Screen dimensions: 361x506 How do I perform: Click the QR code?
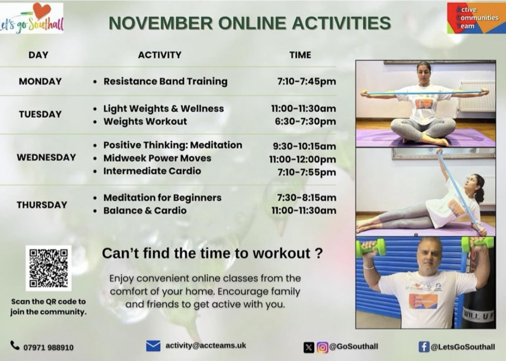point(48,268)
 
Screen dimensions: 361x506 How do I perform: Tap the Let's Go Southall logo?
point(32,18)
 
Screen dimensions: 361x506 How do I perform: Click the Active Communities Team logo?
point(476,18)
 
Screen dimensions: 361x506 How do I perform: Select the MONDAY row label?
point(40,81)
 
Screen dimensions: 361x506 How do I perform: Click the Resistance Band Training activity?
point(165,81)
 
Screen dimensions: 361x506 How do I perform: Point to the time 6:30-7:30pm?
point(310,121)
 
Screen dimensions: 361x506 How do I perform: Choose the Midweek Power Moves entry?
point(157,158)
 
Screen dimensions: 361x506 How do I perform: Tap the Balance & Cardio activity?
point(145,210)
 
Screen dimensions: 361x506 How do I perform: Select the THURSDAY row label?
point(41,205)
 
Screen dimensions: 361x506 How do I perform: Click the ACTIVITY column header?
point(159,55)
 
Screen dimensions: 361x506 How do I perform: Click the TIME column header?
point(300,55)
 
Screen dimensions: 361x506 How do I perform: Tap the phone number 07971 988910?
point(48,347)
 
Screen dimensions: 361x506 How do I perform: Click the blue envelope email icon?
point(154,346)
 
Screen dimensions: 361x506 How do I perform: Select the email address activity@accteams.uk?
point(205,346)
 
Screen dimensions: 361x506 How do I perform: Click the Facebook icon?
point(424,347)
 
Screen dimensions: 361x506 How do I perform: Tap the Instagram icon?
point(322,347)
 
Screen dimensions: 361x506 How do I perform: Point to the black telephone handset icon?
point(15,346)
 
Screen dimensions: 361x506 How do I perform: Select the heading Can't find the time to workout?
point(212,253)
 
